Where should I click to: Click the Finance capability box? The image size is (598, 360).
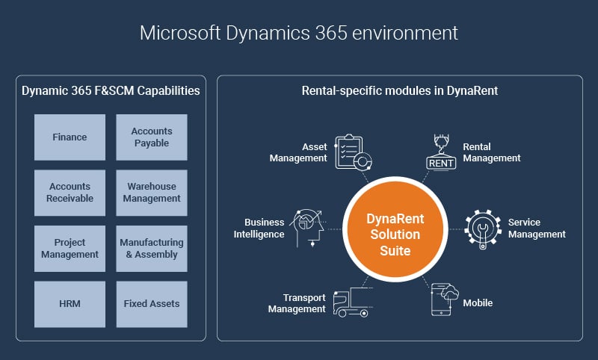[70, 137]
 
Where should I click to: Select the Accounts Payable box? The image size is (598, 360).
[152, 137]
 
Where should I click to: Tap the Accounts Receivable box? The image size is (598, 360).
[70, 193]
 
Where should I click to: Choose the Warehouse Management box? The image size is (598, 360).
[152, 193]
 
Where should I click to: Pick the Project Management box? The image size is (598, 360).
[70, 249]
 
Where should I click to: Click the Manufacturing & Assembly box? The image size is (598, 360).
[152, 249]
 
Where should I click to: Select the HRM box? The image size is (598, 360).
[70, 304]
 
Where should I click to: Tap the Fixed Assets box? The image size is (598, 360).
[152, 304]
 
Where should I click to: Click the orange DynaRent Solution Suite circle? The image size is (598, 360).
[395, 229]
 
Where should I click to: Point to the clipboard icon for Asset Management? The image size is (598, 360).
[353, 152]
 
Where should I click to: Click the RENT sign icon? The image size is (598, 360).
[441, 152]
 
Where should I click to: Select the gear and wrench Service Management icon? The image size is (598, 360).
[483, 229]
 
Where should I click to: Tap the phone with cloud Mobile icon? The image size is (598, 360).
[445, 299]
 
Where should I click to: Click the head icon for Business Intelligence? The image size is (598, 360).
[308, 228]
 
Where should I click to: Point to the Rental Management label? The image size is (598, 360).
[492, 152]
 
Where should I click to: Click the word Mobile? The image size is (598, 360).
[478, 302]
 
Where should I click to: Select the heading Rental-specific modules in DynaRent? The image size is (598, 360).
[400, 90]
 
